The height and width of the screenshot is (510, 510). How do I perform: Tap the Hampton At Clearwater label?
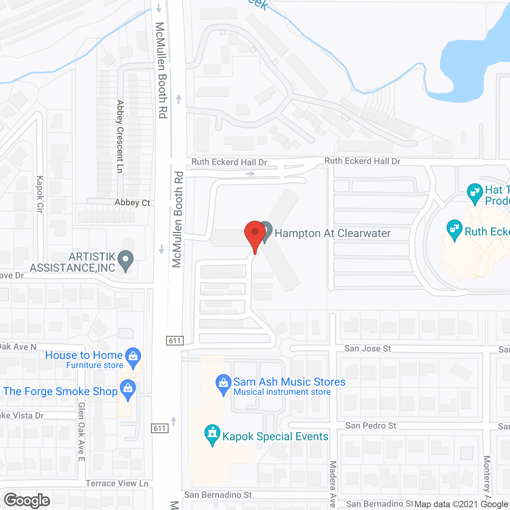coord(332,233)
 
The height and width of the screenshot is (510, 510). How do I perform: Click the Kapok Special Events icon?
coord(212,434)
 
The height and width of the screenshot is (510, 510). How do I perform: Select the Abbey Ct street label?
coord(132,202)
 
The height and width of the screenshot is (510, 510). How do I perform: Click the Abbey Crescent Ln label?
coord(120,137)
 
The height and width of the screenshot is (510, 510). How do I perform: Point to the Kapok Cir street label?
coord(40,194)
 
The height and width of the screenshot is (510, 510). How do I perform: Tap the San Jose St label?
coord(367,349)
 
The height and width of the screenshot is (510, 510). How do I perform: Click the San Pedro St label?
coord(371,426)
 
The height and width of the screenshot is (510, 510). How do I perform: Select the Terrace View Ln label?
coord(117,483)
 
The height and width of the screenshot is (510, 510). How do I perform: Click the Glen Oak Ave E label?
coord(81,432)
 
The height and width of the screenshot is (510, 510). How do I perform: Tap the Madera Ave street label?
coord(333,484)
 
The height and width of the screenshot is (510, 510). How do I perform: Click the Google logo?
coord(27,500)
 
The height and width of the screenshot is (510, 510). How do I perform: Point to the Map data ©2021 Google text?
coord(461,504)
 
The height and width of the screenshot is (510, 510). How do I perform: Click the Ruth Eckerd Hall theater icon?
coord(454,229)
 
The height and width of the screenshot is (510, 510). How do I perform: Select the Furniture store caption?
coord(95,365)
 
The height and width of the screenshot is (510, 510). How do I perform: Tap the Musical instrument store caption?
coord(282,392)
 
